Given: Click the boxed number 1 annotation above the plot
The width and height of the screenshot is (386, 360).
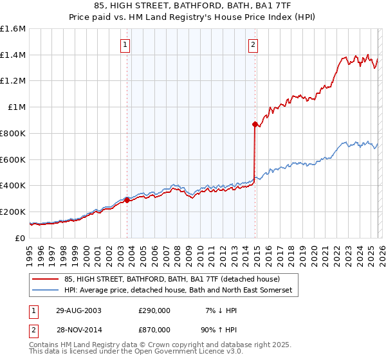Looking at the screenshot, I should pos(125,45).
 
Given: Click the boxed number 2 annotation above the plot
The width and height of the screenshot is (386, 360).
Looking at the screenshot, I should pos(253,45).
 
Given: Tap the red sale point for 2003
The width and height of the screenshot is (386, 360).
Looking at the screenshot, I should pos(127,200).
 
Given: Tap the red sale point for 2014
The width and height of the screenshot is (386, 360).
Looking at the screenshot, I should pos(255,124).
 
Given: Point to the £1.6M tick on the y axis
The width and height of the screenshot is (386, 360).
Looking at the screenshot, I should pos(13,29).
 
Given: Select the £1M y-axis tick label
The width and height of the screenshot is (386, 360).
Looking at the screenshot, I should pos(17,107).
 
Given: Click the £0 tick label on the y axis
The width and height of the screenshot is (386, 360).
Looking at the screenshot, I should pos(21,238).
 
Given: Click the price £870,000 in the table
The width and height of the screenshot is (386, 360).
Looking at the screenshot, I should pos(154,329).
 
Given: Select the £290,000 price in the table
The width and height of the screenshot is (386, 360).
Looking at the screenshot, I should pos(154,310).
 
